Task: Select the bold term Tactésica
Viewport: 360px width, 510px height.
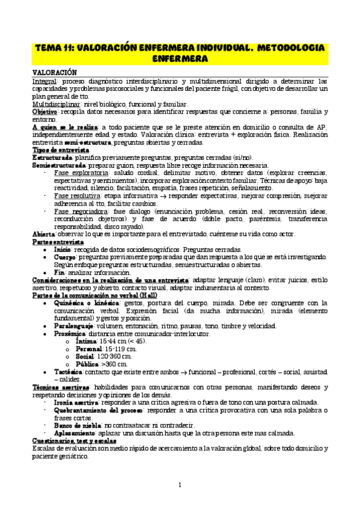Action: [x=73, y=373]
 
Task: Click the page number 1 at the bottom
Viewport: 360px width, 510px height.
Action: [x=180, y=485]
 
